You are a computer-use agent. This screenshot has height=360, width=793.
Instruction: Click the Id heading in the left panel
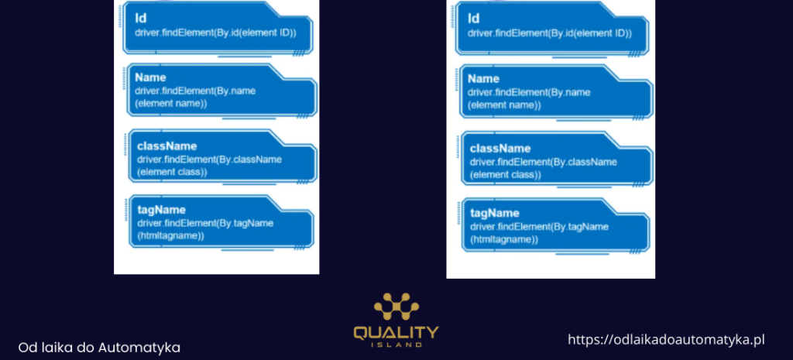141,19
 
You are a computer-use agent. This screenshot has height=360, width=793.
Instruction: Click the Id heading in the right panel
473,19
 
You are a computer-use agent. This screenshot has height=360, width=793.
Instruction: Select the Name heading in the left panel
150,77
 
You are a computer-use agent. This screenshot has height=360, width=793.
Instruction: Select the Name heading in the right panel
483,79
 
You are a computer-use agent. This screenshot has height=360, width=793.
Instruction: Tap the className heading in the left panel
167,146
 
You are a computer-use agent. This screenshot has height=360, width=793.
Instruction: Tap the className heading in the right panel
500,149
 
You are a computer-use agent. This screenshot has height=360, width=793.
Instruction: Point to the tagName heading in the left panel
161,210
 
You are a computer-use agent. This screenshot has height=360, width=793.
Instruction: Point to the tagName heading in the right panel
495,213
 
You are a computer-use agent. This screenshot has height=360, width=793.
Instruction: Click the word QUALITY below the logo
396,333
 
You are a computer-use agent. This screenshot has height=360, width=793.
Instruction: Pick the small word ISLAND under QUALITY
396,345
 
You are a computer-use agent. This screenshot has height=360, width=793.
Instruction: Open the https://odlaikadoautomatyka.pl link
666,340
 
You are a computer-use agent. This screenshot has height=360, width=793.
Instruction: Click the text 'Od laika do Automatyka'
99,348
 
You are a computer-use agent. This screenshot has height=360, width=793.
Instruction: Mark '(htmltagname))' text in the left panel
170,236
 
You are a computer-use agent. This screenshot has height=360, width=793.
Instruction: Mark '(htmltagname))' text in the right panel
504,240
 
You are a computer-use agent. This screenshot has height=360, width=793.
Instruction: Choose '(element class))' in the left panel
172,172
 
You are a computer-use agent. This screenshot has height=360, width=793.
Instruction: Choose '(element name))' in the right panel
504,105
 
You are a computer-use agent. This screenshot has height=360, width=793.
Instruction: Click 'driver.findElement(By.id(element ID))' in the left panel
215,33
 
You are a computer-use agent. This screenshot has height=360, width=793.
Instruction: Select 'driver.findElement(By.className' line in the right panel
543,163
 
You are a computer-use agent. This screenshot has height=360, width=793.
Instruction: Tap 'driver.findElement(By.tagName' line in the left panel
205,223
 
